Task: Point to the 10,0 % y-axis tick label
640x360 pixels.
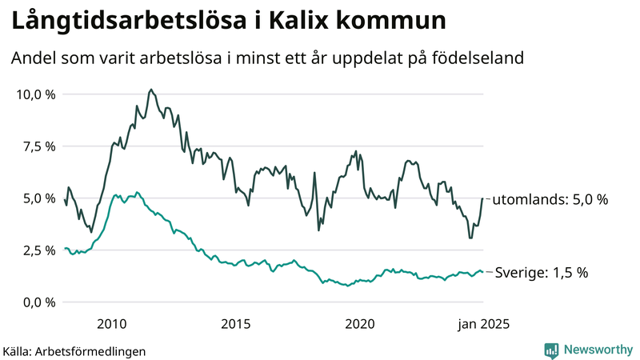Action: coord(35,94)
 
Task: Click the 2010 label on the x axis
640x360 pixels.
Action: coord(112,323)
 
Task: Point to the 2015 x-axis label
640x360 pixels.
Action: coord(236,323)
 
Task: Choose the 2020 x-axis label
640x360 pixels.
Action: coord(360,323)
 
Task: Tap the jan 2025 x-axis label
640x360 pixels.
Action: coord(483,323)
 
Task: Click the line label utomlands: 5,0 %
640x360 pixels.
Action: coord(550,199)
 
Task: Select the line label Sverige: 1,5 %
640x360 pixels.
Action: coord(541,272)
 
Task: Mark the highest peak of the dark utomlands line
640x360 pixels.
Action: coord(151,90)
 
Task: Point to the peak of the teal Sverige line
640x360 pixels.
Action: coord(138,192)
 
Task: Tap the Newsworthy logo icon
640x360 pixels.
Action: coord(551,350)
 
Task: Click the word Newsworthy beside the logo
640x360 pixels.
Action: coord(597,350)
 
